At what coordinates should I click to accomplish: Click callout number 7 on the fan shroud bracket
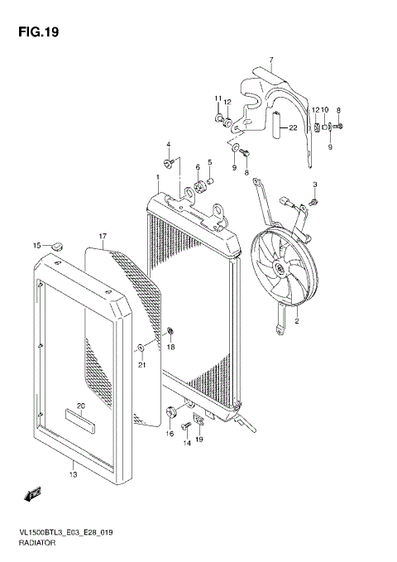tap(270, 60)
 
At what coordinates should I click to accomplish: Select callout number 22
tap(290, 128)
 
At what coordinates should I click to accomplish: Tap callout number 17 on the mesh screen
tap(103, 236)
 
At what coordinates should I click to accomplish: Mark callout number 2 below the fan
tap(296, 319)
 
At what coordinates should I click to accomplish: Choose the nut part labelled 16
tap(171, 413)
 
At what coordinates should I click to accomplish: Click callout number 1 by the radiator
tap(157, 177)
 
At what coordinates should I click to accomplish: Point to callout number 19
tap(199, 439)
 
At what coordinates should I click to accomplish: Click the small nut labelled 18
tap(170, 333)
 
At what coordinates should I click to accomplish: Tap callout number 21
tap(141, 364)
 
